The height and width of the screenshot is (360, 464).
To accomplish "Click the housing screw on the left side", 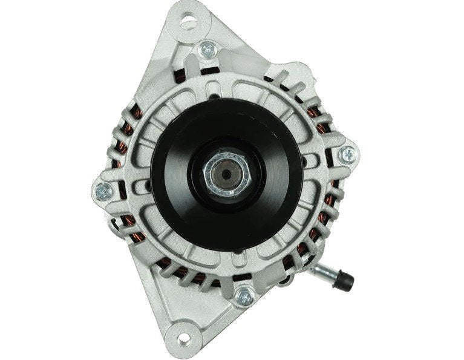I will [x=103, y=191].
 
